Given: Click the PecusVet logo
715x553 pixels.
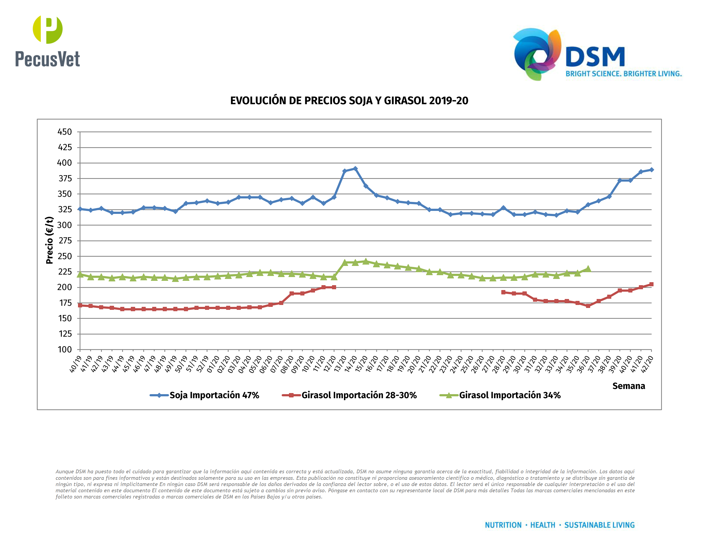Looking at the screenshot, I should [x=47, y=41].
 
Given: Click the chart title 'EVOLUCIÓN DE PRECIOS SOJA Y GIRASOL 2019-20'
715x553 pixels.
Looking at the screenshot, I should [x=349, y=101].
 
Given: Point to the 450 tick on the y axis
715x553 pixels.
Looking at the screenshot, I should [x=64, y=132].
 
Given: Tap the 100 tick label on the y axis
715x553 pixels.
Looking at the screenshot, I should [x=64, y=350].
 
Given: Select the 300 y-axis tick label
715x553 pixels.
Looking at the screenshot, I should [x=64, y=225].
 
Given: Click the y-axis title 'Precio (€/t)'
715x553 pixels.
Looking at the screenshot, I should [x=50, y=240].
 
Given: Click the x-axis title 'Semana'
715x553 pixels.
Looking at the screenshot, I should [x=629, y=386].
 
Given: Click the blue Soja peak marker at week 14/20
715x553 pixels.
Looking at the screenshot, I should [x=355, y=169].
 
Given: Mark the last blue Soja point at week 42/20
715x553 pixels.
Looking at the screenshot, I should [x=651, y=170].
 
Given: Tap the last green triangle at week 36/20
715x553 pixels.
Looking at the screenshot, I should [x=588, y=269].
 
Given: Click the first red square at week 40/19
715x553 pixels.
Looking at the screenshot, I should [x=80, y=305].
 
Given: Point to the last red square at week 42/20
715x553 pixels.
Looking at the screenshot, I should [x=651, y=284].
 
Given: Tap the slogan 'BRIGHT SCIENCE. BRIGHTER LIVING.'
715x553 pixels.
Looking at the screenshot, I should [x=623, y=74].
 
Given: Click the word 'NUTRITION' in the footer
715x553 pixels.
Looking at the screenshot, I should [x=503, y=525].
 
